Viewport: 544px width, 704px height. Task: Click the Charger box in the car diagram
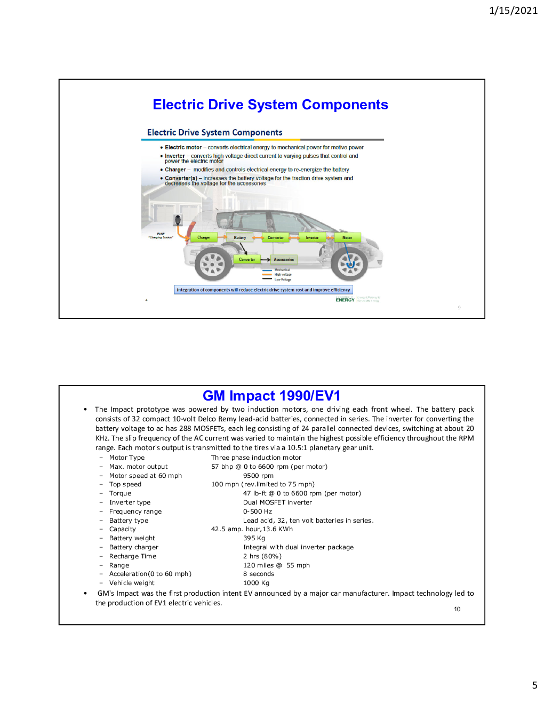(204, 237)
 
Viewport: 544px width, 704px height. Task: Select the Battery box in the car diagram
(240, 237)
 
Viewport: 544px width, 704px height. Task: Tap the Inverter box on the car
(313, 237)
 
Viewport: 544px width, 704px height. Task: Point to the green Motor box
(347, 237)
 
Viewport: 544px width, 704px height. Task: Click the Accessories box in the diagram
(284, 260)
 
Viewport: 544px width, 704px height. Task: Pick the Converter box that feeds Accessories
(247, 260)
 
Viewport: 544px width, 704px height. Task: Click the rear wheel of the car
(213, 263)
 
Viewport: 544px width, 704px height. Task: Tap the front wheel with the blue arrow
(350, 263)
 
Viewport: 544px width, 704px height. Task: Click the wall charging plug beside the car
(178, 220)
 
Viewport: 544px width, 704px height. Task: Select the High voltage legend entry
(283, 275)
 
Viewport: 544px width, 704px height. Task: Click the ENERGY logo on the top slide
(345, 300)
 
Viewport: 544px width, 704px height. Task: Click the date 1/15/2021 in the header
(513, 10)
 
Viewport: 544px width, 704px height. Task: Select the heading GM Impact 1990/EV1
(271, 396)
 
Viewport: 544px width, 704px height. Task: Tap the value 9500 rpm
(258, 476)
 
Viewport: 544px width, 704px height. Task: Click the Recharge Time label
(133, 556)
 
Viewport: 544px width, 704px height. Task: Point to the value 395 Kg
(254, 538)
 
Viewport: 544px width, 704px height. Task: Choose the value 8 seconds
(259, 574)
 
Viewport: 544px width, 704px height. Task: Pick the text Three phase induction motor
(256, 458)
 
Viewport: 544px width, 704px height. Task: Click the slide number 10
(457, 609)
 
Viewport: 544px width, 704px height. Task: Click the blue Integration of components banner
(263, 290)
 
